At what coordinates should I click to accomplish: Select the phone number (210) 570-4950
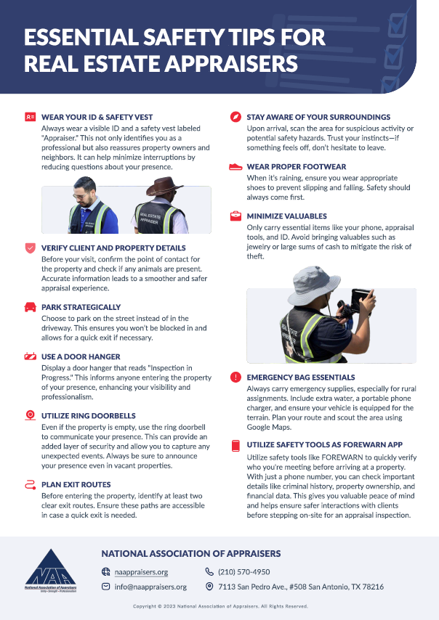click(243, 572)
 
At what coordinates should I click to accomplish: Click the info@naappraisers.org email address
click(150, 587)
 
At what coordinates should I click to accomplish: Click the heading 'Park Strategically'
click(81, 307)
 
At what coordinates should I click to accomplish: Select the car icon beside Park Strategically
click(30, 307)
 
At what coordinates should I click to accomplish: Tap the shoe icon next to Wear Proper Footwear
click(235, 166)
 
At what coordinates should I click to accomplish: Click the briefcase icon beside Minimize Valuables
click(235, 216)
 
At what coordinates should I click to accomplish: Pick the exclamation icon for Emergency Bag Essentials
click(235, 378)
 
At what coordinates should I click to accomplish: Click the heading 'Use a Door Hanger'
click(81, 356)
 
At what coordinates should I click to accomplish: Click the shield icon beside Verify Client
click(30, 248)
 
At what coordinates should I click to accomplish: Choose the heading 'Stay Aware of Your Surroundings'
click(318, 117)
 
